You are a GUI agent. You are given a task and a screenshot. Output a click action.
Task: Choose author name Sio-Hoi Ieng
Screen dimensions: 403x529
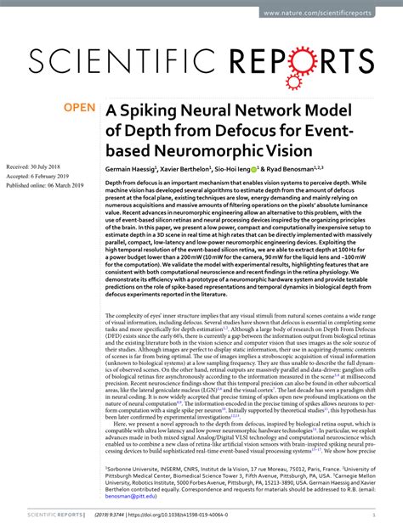pyautogui.click(x=259, y=169)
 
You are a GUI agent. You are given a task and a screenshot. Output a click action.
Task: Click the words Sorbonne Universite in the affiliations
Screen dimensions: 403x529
pyautogui.click(x=136, y=468)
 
